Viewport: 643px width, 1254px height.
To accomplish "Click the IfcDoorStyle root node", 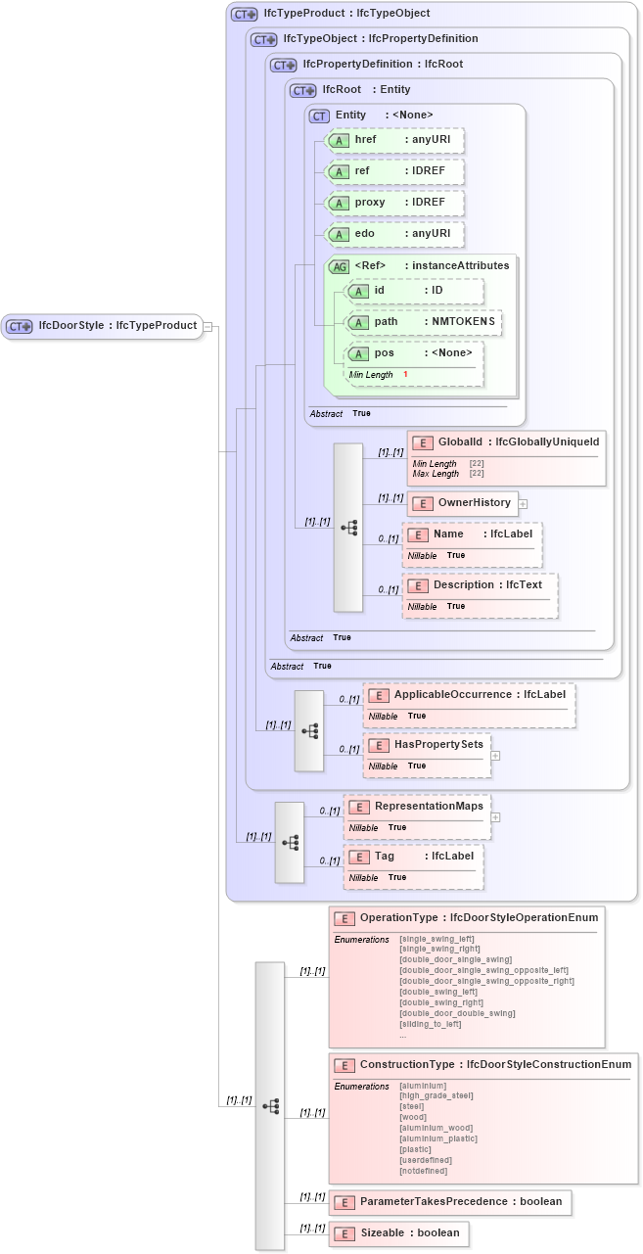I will [x=102, y=326].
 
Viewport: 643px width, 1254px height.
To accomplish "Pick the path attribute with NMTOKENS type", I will [x=424, y=322].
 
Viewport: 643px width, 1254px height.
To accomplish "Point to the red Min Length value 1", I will [x=405, y=375].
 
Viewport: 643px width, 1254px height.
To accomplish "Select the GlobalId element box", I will [x=506, y=442].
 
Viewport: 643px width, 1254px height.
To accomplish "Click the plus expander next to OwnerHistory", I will [x=523, y=504].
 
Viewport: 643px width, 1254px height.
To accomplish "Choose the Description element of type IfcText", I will [x=480, y=585].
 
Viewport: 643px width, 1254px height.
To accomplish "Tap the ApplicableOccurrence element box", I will [x=469, y=695].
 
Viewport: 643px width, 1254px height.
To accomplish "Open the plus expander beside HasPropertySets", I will [x=495, y=755].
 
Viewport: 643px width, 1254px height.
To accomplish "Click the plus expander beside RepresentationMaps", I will [x=495, y=816].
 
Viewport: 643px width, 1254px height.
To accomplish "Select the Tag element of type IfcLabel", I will [x=414, y=856].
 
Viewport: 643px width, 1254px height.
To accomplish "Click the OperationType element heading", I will [x=466, y=918].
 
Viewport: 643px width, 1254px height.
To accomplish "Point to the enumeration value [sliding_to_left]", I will [x=430, y=1024].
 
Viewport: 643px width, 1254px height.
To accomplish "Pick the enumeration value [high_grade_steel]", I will [x=436, y=1095].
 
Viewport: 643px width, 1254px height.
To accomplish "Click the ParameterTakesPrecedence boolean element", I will [x=450, y=1202].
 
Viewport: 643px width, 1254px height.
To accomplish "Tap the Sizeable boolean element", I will [x=399, y=1233].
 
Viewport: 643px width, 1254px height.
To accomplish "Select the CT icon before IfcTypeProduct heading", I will [x=244, y=15].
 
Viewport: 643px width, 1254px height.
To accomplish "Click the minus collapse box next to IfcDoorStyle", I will [x=207, y=326].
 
